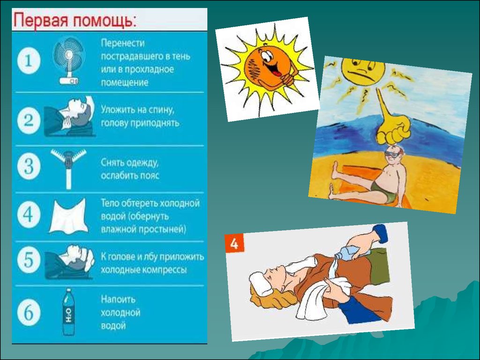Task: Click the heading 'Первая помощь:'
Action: (75, 20)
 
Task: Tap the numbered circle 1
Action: (29, 61)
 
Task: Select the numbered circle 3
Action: (29, 167)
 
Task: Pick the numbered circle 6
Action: (29, 313)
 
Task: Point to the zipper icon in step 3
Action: (68, 167)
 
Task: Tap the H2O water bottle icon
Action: (69, 311)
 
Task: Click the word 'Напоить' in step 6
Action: (118, 299)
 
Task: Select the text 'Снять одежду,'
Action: (130, 163)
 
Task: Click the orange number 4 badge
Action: (234, 243)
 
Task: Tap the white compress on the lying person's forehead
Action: (260, 284)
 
